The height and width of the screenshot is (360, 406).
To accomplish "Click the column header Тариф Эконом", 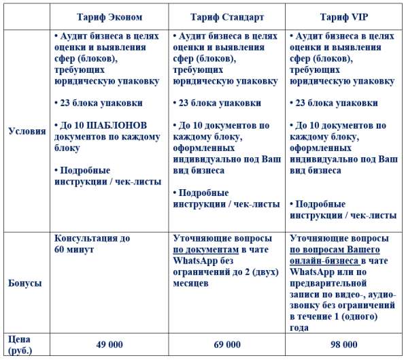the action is click(110, 15).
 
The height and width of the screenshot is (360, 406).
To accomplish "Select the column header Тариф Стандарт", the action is click(227, 15).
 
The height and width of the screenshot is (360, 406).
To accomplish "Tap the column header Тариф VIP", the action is click(345, 15).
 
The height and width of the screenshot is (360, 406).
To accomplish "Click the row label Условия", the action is click(26, 131).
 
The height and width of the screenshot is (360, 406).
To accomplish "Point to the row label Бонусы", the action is click(24, 282).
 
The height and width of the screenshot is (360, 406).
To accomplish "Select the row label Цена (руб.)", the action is click(20, 344).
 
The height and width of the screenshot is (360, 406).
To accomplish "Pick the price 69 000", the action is click(227, 345).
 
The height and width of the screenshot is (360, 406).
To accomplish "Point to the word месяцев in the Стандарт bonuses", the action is click(191, 282).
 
